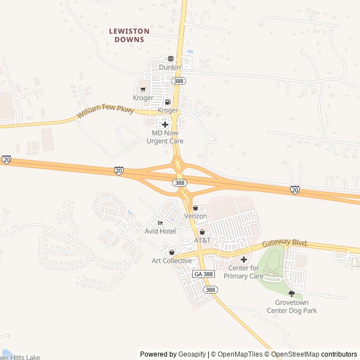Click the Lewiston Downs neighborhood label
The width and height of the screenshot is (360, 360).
[x=129, y=35]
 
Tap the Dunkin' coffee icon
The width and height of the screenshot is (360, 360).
[x=170, y=58]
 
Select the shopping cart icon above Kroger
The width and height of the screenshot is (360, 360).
[x=143, y=89]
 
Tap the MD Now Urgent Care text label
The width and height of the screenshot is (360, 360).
[x=165, y=137]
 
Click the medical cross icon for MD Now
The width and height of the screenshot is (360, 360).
[x=165, y=124]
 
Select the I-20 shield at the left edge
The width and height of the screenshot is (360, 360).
[x=6, y=160]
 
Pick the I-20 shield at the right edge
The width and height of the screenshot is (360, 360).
[x=295, y=190]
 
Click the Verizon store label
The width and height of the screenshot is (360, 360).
[x=196, y=216]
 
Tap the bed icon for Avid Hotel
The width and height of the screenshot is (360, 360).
[x=160, y=223]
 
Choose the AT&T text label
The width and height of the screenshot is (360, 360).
[x=202, y=240]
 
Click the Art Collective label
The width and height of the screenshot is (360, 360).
[x=172, y=260]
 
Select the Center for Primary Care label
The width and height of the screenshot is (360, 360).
[x=244, y=272]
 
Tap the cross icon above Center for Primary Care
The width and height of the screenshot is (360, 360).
[x=244, y=259]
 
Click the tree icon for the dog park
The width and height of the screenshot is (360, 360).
[x=291, y=294]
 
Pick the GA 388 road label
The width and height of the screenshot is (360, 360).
[x=204, y=274]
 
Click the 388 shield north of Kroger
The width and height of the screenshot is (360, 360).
[x=179, y=82]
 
